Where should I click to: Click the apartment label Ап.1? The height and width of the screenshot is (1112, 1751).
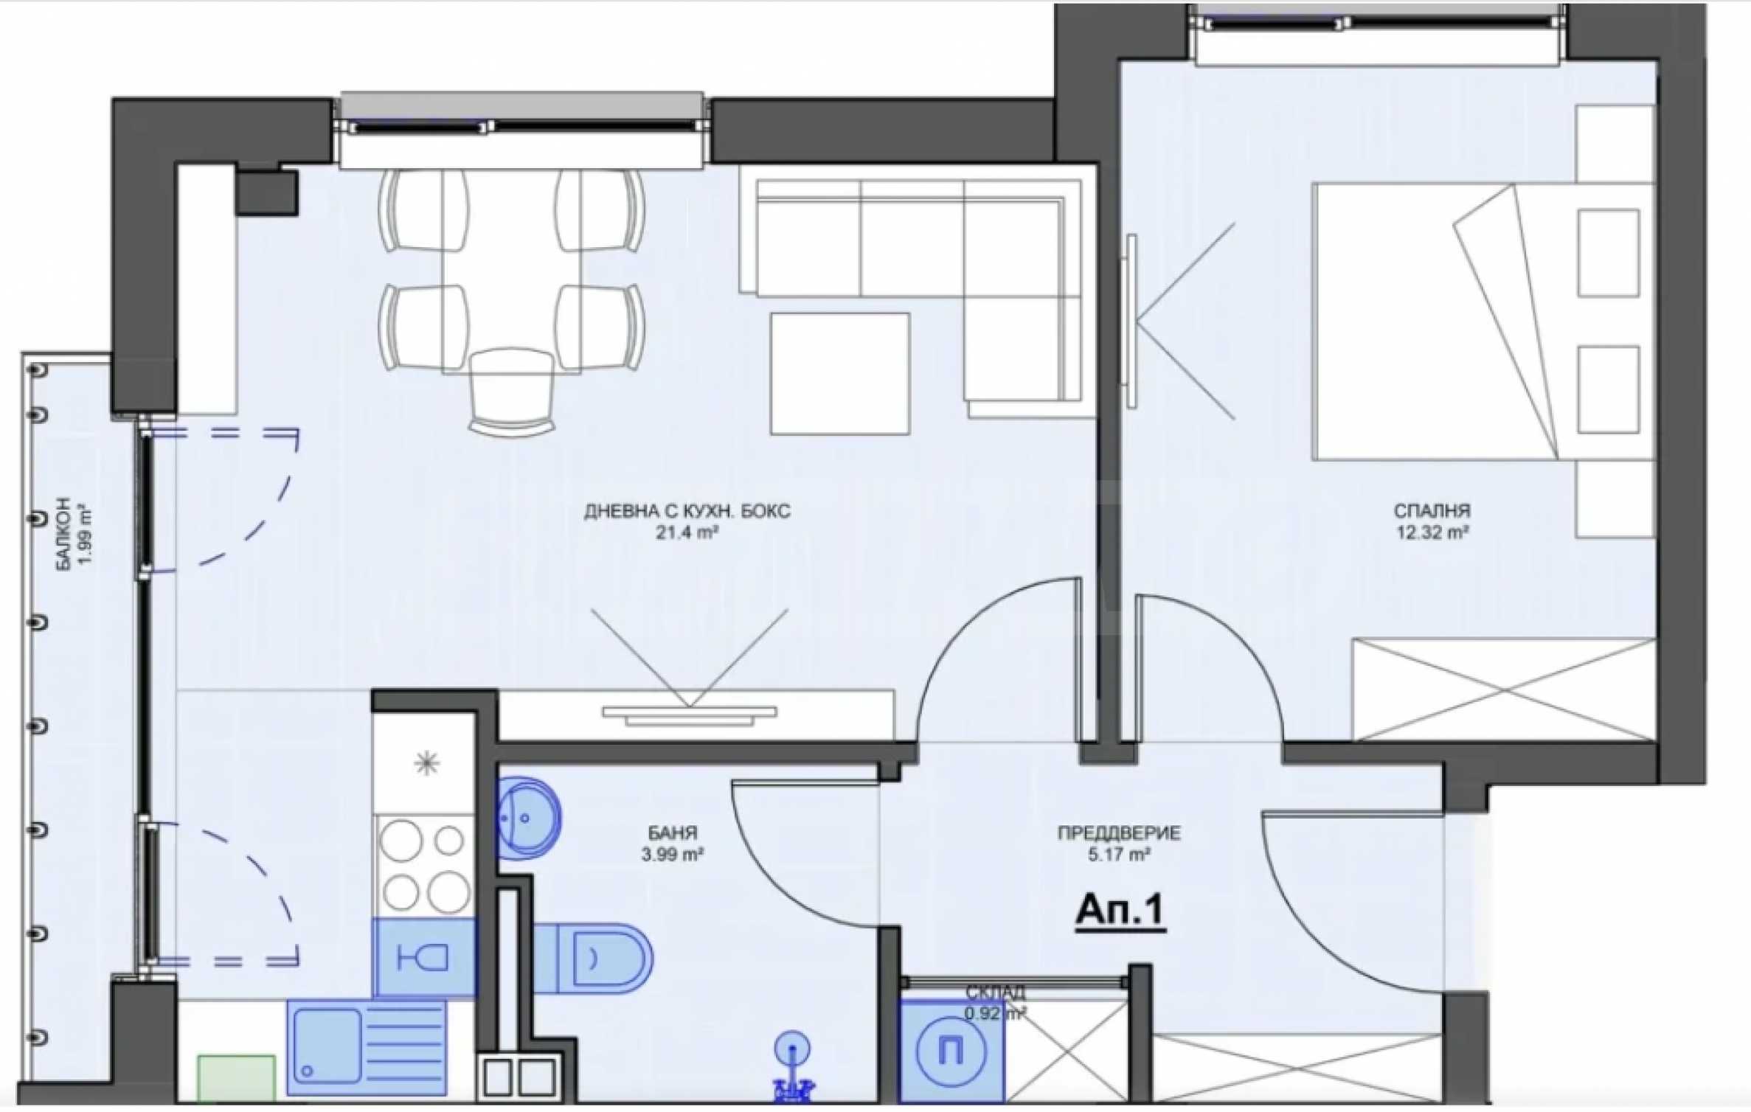coord(1121,911)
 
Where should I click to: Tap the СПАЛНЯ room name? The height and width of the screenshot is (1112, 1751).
coord(1432,510)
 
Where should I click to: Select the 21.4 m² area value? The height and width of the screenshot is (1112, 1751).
coord(687,532)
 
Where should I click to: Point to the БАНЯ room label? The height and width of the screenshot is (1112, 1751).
coord(672,833)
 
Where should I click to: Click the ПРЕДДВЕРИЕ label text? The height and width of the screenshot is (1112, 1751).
coord(1119,833)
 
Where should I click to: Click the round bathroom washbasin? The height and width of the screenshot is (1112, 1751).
coord(529,818)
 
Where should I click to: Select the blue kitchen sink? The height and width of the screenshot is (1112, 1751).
coord(367,1047)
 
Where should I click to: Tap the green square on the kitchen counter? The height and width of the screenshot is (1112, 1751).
coord(236,1080)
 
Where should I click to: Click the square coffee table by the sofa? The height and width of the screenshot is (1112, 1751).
coord(839,374)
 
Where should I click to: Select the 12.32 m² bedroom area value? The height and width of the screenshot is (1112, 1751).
coord(1432,532)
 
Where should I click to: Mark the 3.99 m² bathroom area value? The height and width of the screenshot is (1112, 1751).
coord(672,855)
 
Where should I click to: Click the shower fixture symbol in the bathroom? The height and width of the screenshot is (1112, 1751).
coord(793,1067)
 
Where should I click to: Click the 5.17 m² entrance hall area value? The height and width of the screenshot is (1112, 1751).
coord(1119,855)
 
